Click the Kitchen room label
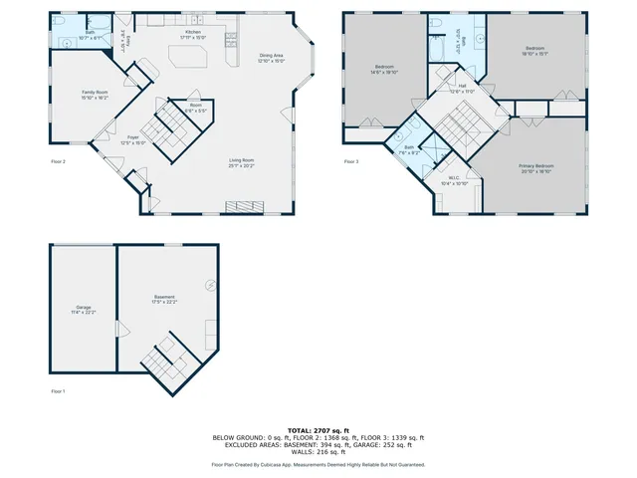click(x=193, y=35)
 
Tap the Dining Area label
click(x=271, y=59)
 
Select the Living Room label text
click(x=242, y=162)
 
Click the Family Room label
click(x=96, y=95)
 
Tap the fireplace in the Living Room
click(x=245, y=206)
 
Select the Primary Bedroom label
click(x=534, y=167)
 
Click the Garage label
click(x=83, y=310)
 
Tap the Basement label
click(x=165, y=300)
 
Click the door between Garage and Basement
click(x=119, y=329)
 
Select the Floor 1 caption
click(x=58, y=391)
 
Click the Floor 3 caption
click(x=350, y=161)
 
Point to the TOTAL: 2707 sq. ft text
click(x=318, y=426)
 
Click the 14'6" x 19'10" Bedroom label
click(x=384, y=70)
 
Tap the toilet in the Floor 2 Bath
click(x=60, y=22)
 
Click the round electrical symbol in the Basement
click(x=210, y=285)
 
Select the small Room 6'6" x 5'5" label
click(x=195, y=108)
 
